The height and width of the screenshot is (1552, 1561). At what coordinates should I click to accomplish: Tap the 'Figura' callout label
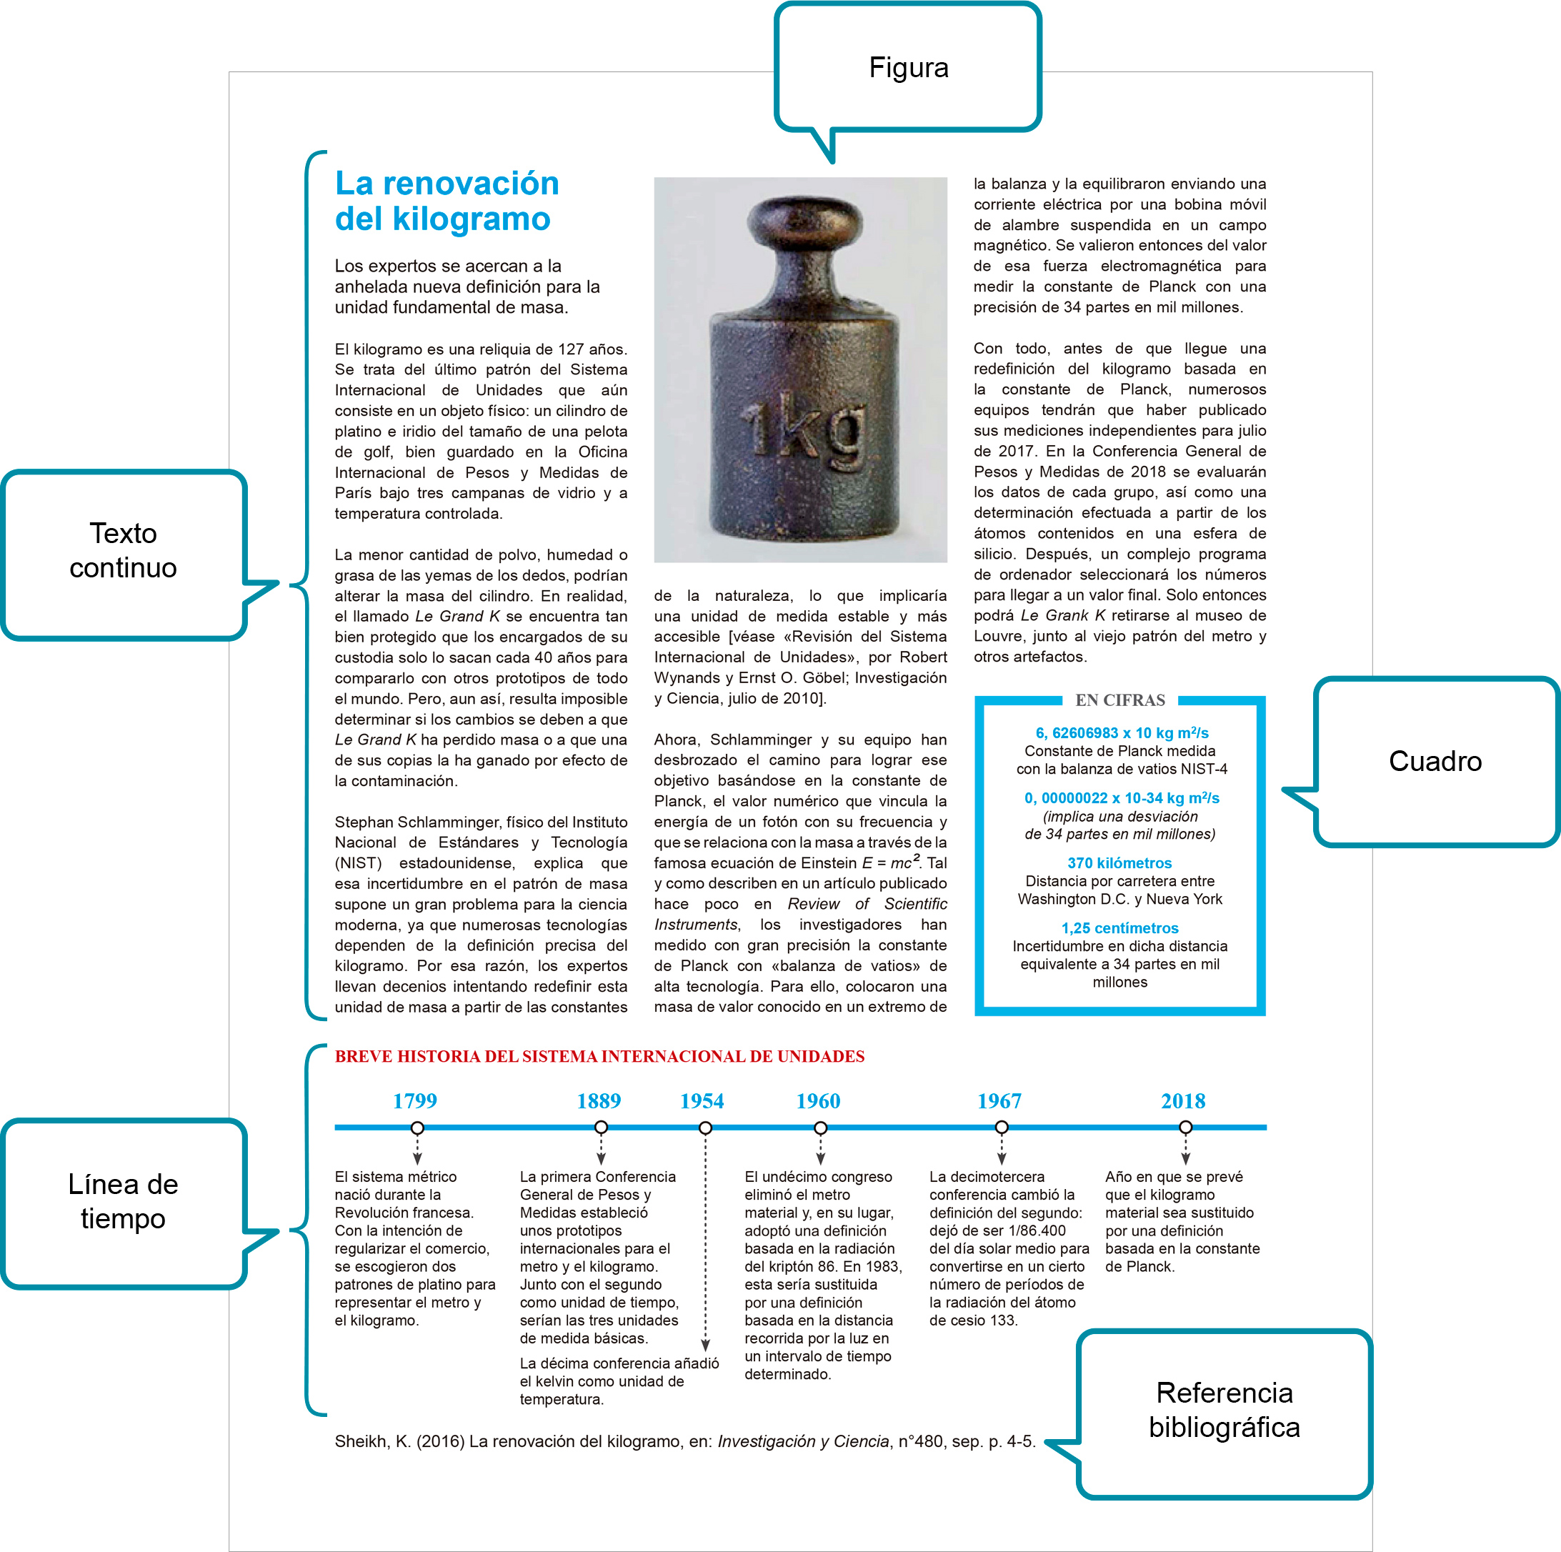click(x=908, y=68)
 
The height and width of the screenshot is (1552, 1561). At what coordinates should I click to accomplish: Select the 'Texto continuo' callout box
click(x=124, y=551)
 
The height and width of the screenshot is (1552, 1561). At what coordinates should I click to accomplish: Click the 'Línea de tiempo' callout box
click(x=124, y=1201)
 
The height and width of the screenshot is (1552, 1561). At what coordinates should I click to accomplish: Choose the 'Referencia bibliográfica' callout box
click(x=1223, y=1410)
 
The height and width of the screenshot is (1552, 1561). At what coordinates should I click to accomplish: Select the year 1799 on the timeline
click(x=414, y=1100)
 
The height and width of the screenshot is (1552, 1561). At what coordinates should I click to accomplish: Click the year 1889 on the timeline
click(x=599, y=1100)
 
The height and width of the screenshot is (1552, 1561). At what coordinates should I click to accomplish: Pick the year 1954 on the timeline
click(x=702, y=1100)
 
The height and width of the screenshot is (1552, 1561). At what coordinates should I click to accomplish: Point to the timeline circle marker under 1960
click(x=820, y=1128)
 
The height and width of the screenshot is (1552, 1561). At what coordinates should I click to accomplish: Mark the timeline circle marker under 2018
click(x=1185, y=1128)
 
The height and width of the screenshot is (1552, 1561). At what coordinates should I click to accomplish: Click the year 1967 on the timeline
click(x=999, y=1100)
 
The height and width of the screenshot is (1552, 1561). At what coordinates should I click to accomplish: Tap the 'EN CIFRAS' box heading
click(x=1120, y=700)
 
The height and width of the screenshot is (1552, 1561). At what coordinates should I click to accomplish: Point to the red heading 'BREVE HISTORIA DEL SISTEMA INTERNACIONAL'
click(x=599, y=1056)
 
